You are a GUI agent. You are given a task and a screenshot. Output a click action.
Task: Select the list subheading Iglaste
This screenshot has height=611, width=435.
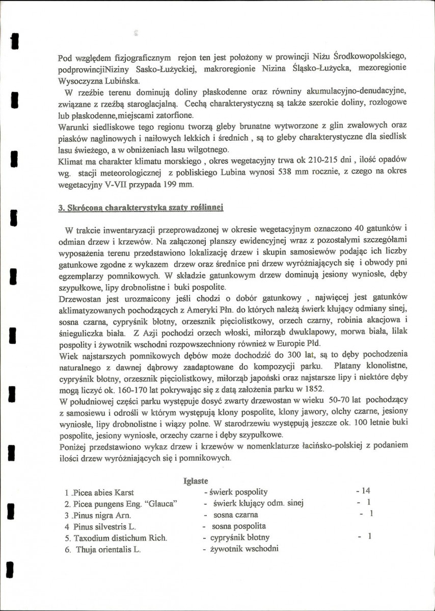click(x=196, y=480)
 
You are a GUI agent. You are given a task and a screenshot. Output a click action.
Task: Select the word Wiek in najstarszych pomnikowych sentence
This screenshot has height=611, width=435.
click(x=68, y=355)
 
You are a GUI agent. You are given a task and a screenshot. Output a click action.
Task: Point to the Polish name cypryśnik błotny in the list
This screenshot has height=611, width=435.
click(x=239, y=538)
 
